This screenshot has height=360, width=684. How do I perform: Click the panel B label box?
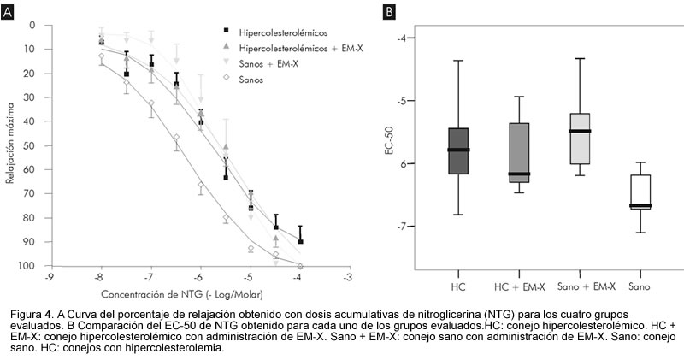click(x=389, y=12)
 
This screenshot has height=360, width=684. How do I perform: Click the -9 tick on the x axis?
click(x=50, y=278)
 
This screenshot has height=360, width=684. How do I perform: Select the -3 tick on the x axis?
click(x=347, y=278)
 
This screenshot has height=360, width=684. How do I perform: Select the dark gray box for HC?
click(x=458, y=151)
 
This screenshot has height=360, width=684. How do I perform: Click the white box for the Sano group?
click(x=640, y=191)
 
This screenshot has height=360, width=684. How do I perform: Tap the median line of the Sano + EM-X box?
click(x=580, y=131)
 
